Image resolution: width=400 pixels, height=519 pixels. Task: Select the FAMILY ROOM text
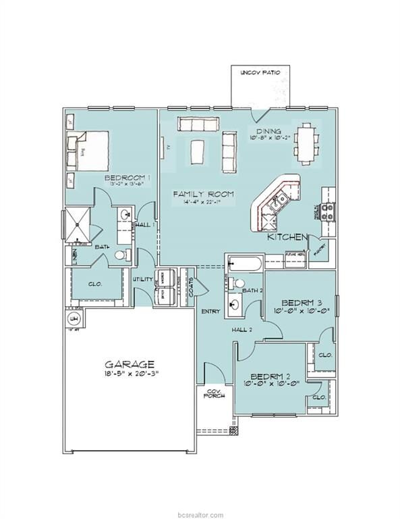[x=203, y=194]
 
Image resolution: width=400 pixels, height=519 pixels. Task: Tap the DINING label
[x=269, y=130]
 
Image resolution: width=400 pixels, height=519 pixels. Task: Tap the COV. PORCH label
[x=214, y=393]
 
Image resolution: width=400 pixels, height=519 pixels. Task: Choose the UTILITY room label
[x=143, y=279]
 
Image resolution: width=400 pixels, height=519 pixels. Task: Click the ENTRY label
[x=208, y=311]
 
